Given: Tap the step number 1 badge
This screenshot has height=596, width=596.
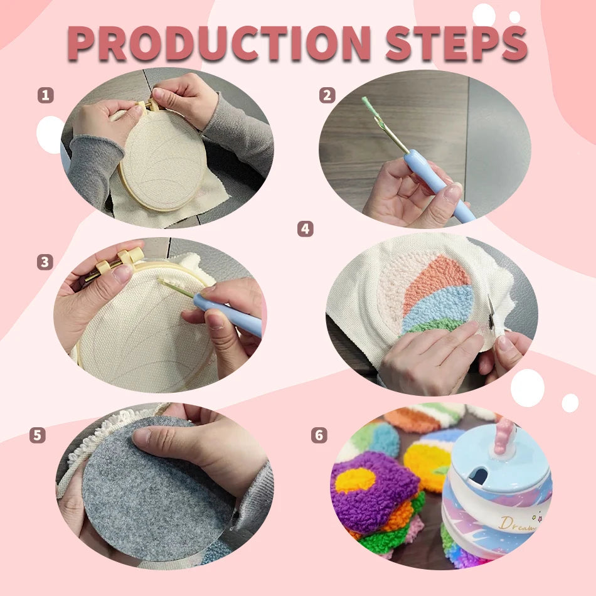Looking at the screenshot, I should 45,95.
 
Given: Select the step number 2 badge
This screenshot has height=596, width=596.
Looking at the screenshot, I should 327,95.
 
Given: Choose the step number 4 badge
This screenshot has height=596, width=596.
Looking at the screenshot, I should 305,229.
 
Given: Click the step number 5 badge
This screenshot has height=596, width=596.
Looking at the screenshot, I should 38,435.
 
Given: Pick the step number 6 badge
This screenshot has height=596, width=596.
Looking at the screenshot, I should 319,435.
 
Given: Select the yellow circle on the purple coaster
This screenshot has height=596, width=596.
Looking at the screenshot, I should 354,481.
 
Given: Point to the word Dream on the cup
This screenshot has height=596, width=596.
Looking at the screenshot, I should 518,523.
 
